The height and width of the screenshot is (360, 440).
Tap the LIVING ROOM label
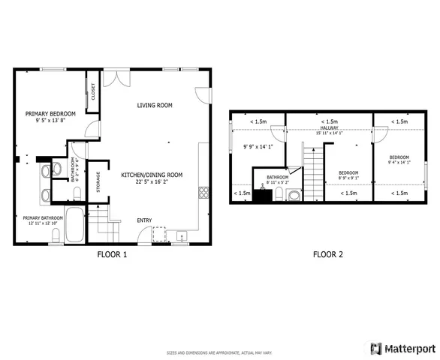155,105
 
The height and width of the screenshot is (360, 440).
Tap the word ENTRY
144,220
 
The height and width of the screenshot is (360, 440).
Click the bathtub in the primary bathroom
74,225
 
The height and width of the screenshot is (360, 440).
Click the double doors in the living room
111,78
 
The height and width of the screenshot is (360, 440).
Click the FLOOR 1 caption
113,254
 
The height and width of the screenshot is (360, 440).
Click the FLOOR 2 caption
328,254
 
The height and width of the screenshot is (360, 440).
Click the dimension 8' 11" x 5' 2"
277,182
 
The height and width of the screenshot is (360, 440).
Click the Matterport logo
405,349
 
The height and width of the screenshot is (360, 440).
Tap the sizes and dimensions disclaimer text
219,352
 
